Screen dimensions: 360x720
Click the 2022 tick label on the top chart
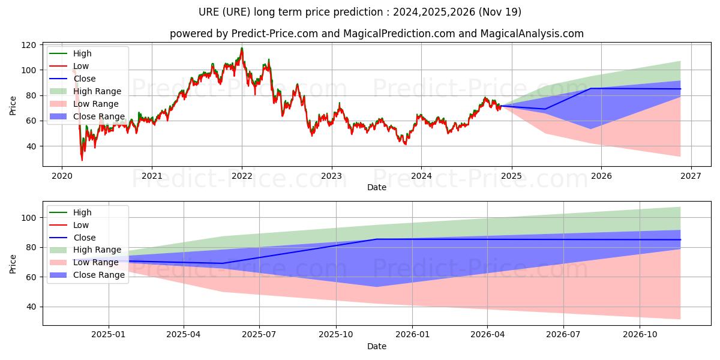pyautogui.click(x=241, y=176)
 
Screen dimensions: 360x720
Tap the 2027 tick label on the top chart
pyautogui.click(x=691, y=176)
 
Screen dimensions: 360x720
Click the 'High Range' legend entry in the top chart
pyautogui.click(x=97, y=91)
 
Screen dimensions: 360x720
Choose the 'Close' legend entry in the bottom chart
pyautogui.click(x=84, y=238)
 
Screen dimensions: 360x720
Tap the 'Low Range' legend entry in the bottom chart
pyautogui.click(x=96, y=262)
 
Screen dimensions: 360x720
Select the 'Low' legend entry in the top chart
pyautogui.click(x=81, y=66)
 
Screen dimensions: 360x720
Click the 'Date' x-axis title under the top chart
pyautogui.click(x=376, y=187)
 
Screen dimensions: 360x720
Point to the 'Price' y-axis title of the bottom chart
pyautogui.click(x=13, y=263)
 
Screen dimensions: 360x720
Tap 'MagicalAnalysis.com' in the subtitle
pyautogui.click(x=532, y=34)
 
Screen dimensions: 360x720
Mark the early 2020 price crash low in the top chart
pyautogui.click(x=82, y=160)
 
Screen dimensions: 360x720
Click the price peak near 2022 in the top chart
pyautogui.click(x=242, y=48)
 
